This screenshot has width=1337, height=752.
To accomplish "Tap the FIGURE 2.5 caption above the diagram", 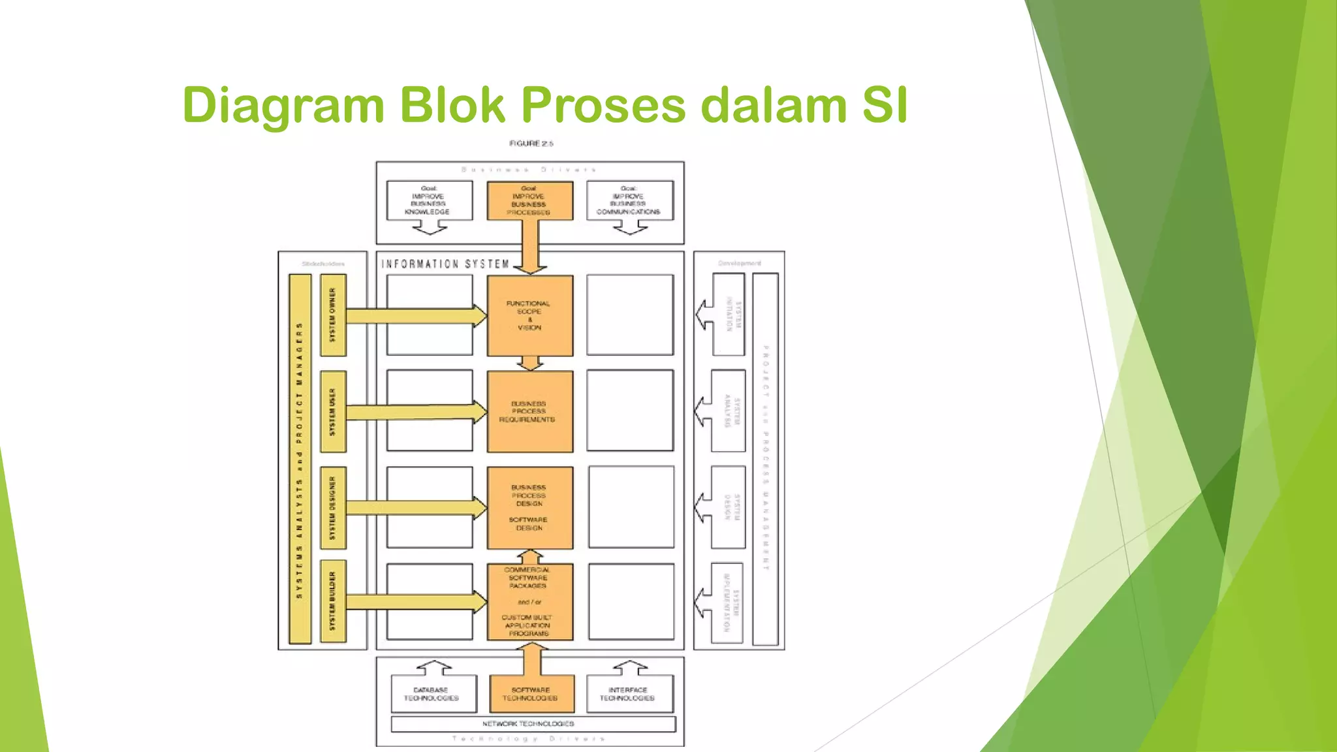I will [x=531, y=144].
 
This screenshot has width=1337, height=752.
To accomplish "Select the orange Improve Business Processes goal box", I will [x=529, y=200].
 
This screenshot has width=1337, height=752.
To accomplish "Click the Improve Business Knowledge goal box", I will [x=429, y=200].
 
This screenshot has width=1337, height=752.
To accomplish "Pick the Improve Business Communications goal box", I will [x=629, y=200].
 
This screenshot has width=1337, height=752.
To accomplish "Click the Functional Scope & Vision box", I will [x=529, y=315].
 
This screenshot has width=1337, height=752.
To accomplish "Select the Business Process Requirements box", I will [x=529, y=411].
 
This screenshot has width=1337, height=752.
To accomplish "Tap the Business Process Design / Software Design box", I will [x=529, y=507].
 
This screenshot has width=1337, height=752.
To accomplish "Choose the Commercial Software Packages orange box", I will [x=529, y=601].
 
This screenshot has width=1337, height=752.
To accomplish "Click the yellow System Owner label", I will [x=333, y=315].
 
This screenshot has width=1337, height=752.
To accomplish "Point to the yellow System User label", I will [x=333, y=411].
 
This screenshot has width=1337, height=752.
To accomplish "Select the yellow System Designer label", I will [x=333, y=507].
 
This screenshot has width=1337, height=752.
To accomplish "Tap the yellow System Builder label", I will [x=333, y=601].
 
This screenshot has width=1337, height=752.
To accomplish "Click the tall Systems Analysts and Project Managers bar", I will [x=300, y=459].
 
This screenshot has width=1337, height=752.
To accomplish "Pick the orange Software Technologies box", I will [x=531, y=694].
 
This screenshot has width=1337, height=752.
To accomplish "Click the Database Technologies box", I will [x=431, y=694].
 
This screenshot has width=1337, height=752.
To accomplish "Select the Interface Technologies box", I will [x=628, y=694].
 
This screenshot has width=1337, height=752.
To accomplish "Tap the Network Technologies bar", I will [x=532, y=724].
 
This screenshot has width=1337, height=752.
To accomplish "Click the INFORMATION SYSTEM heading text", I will [x=445, y=264].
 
